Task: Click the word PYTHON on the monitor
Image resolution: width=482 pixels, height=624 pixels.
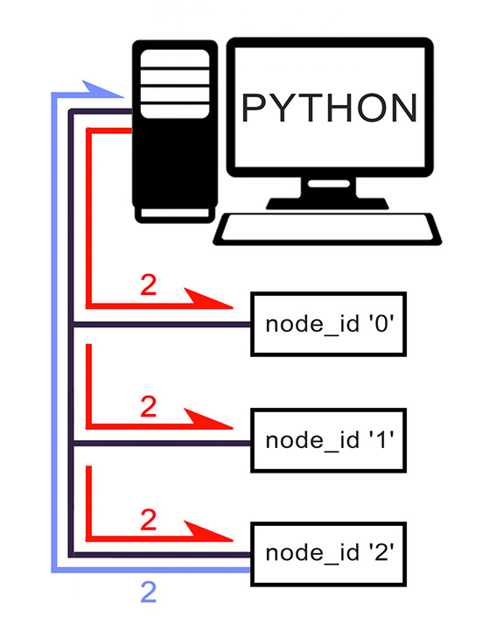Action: point(329,108)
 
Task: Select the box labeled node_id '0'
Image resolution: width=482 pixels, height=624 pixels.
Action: point(329,324)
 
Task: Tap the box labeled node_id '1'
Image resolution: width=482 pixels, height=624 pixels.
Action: point(329,440)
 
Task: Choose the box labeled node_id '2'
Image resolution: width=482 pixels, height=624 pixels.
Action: point(329,554)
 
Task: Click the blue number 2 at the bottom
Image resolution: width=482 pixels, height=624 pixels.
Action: point(149,592)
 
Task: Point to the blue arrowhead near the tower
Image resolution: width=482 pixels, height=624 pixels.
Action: point(102,89)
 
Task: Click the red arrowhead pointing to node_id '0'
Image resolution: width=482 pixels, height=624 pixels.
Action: point(208,298)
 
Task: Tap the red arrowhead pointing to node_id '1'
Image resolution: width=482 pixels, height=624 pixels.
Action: point(208,419)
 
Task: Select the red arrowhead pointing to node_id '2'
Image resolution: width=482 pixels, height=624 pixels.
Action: point(208,531)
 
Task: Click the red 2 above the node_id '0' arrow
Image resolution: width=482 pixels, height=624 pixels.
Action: point(149,285)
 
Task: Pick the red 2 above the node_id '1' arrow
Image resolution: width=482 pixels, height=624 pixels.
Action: point(149,406)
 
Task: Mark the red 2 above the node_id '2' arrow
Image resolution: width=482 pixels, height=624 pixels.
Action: point(149,519)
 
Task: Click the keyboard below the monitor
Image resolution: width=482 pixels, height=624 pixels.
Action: point(327,228)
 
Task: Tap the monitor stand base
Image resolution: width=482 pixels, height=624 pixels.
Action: point(327,203)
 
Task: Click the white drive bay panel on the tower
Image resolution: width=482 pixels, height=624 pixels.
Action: point(175,84)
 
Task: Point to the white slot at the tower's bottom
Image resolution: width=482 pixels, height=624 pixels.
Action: point(175,213)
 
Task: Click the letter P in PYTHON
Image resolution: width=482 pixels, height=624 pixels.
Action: point(254,108)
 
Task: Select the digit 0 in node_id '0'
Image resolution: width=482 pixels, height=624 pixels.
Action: point(381,323)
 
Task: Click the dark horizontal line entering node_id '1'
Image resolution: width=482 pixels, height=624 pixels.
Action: point(162,443)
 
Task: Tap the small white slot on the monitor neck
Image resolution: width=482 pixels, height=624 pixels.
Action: point(329,184)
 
